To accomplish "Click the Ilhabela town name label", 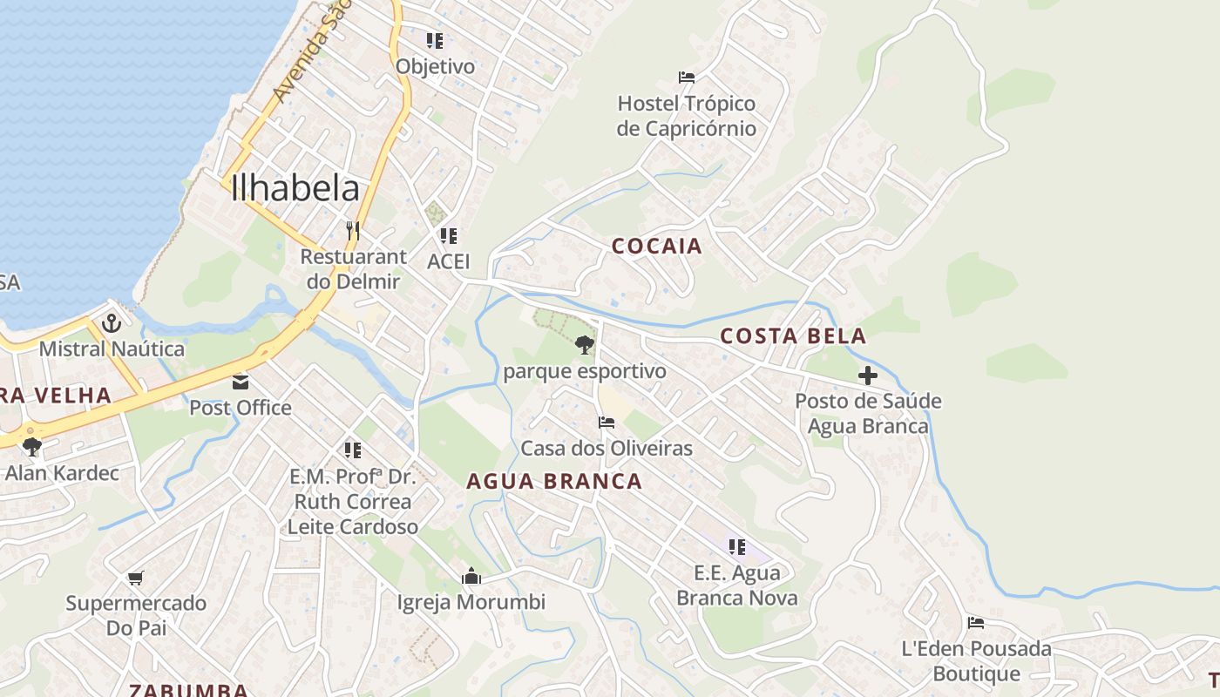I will click(295, 189).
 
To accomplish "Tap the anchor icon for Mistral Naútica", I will click(112, 324).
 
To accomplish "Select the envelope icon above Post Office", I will click(240, 382).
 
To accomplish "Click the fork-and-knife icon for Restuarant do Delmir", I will click(352, 231).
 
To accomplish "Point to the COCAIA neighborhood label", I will click(657, 247).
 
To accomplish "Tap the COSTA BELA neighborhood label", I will click(793, 336).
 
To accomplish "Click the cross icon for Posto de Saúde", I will click(868, 376).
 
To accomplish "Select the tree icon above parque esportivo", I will click(585, 345).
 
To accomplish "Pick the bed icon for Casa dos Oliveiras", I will click(607, 423).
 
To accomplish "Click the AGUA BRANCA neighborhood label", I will click(554, 481).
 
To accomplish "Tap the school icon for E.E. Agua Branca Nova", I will click(737, 547).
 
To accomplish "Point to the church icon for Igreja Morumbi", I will click(471, 576).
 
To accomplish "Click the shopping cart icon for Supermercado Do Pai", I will click(135, 578).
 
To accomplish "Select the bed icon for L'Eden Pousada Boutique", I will click(976, 623).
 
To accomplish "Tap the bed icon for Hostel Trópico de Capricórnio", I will click(687, 77).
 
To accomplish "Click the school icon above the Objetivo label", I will click(435, 40).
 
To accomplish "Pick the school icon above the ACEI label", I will click(449, 235).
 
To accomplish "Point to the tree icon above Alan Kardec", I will click(33, 447).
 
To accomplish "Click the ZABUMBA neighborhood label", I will click(188, 690).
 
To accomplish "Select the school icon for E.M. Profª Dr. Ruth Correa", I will click(353, 450).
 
